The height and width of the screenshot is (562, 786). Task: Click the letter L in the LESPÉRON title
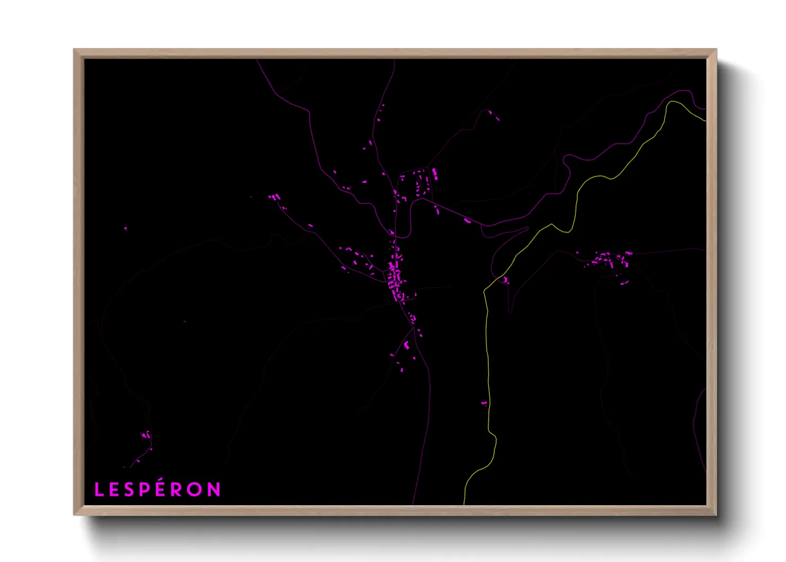(x=98, y=490)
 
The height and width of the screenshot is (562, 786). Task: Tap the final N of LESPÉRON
(x=214, y=490)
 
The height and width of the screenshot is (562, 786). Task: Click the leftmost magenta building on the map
(x=126, y=229)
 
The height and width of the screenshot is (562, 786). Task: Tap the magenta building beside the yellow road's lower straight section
(x=484, y=404)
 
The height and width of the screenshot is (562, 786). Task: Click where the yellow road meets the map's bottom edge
(x=464, y=504)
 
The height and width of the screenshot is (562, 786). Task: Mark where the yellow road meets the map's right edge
(x=705, y=121)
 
